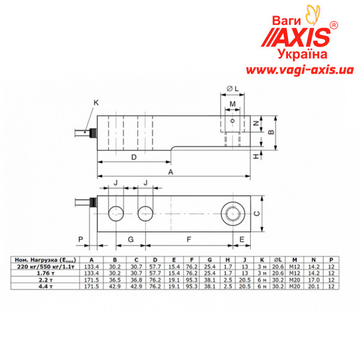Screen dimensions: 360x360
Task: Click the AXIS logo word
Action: (x=302, y=37)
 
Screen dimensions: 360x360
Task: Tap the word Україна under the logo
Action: (x=302, y=55)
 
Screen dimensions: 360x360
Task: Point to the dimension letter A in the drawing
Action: (x=171, y=174)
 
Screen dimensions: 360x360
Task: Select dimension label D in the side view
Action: (x=134, y=158)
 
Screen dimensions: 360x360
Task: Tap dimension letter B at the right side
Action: (x=270, y=132)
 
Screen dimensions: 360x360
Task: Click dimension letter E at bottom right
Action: (x=241, y=238)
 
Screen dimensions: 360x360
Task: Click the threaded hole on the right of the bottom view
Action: (x=233, y=214)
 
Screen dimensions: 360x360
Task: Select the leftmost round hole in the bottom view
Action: (x=115, y=214)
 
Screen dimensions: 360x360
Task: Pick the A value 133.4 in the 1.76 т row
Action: (x=91, y=273)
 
